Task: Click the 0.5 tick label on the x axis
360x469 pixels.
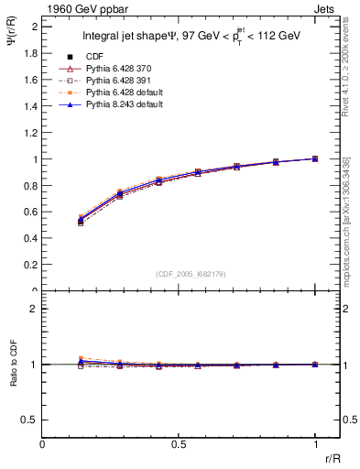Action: coord(179,443)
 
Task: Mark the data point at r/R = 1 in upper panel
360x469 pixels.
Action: coord(315,158)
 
